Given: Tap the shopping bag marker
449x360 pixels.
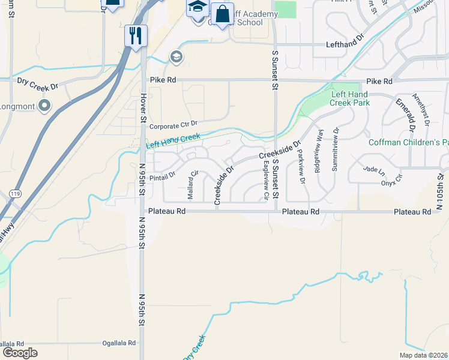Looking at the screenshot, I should coord(222,14).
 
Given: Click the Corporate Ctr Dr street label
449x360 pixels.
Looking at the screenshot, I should coord(173,126).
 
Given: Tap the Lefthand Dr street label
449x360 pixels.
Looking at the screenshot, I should coord(345,44).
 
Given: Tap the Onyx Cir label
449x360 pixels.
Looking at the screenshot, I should coord(393,176).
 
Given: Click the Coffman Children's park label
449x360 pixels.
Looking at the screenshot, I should coord(411,142).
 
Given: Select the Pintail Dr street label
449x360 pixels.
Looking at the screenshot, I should coord(162,176).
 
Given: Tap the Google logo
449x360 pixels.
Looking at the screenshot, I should coord(20,352).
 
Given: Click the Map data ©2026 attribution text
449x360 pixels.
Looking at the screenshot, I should coord(423,355).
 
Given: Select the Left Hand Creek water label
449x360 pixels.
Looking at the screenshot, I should coord(173,141).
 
